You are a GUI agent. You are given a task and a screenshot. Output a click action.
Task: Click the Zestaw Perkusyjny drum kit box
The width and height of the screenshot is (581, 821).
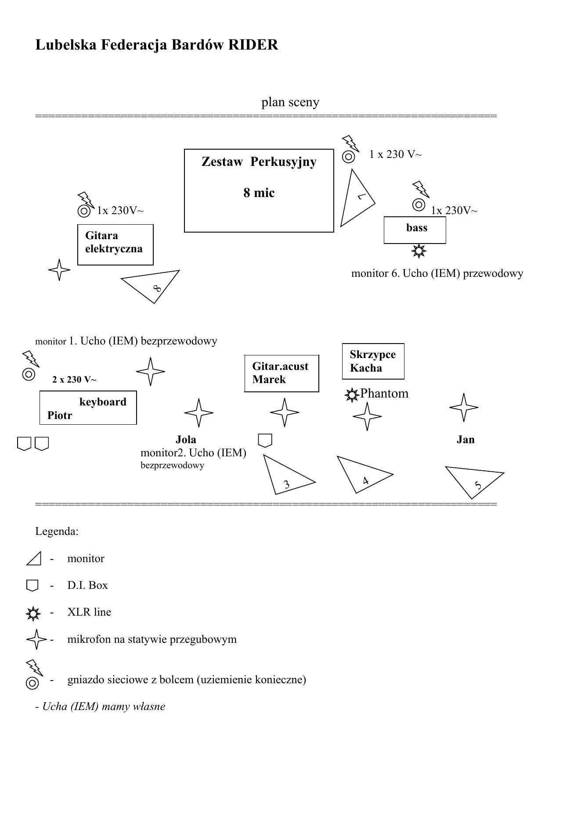259,190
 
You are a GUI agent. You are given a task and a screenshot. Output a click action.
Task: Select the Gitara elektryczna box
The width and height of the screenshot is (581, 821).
115,245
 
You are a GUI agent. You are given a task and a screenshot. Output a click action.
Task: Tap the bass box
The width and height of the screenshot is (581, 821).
415,230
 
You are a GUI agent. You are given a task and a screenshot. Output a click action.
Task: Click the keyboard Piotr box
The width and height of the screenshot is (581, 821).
88,408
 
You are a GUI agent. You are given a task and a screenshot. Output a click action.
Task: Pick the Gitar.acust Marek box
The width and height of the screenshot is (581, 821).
281,373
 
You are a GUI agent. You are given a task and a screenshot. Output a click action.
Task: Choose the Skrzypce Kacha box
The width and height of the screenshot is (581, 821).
373,361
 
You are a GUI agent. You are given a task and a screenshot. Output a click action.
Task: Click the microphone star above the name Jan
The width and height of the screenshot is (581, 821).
464,408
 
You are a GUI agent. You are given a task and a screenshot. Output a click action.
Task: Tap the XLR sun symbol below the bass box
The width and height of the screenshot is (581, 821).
419,251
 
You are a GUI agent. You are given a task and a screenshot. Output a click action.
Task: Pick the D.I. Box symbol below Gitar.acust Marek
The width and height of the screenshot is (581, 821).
265,441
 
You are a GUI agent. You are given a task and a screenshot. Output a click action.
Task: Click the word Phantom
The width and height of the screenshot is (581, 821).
384,394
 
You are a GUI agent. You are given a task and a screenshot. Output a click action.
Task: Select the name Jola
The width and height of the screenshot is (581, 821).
186,440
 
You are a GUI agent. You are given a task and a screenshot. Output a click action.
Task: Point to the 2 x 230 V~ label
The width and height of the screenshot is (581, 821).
74,380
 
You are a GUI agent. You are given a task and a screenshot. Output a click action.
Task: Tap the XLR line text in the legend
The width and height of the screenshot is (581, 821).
89,612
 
